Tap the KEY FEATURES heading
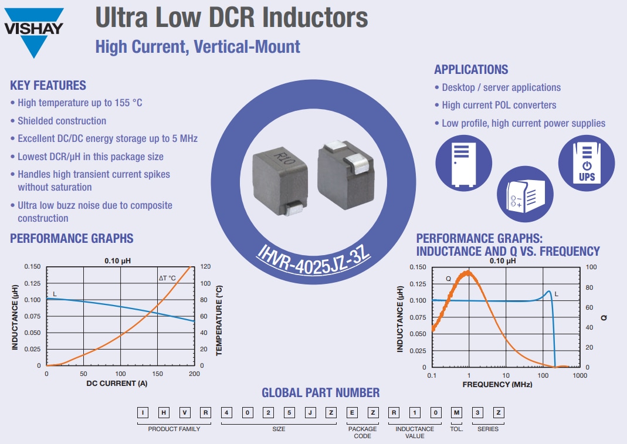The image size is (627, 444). (x=48, y=86)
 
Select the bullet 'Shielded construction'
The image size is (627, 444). (x=62, y=121)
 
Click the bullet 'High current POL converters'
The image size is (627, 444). (x=499, y=105)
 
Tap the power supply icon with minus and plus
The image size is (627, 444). (x=525, y=194)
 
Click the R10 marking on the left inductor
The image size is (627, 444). (x=283, y=159)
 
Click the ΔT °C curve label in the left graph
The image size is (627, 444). (x=167, y=278)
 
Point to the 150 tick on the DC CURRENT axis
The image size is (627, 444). (x=157, y=374)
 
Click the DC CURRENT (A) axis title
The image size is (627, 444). (x=120, y=384)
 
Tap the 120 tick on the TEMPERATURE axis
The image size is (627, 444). (x=205, y=267)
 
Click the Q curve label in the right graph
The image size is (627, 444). (x=448, y=279)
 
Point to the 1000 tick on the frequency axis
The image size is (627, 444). (x=579, y=375)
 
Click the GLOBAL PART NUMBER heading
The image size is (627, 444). (x=320, y=393)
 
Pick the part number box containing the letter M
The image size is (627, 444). (x=457, y=413)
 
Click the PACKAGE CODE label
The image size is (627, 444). (x=362, y=432)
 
